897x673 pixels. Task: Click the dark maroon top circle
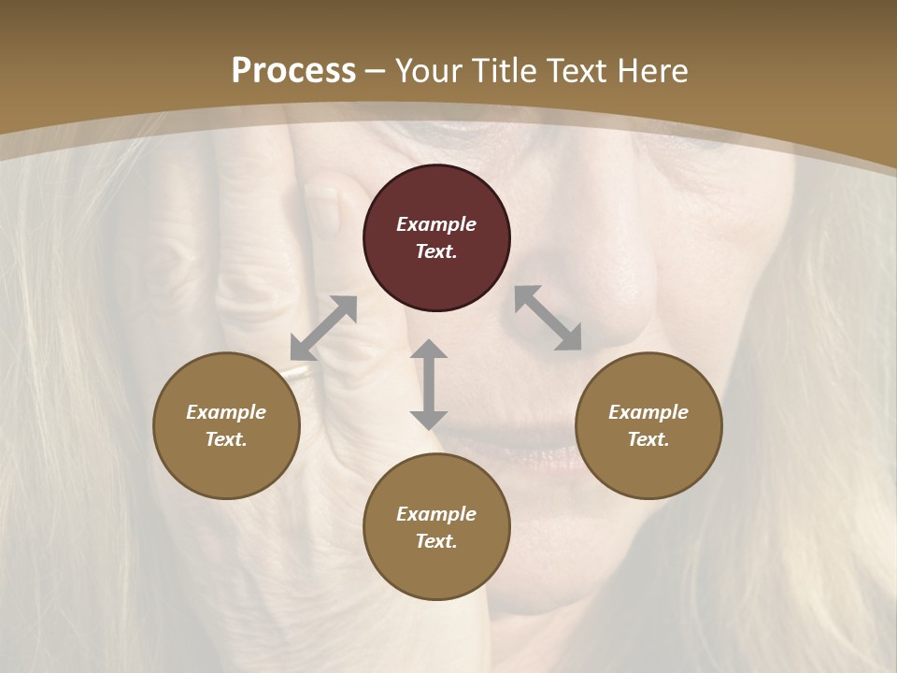pyautogui.click(x=436, y=237)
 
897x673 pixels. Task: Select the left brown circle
pyautogui.click(x=226, y=425)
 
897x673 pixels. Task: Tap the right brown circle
pyautogui.click(x=648, y=425)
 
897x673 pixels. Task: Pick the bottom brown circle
pyautogui.click(x=436, y=527)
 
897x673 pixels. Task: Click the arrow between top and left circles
pyautogui.click(x=324, y=327)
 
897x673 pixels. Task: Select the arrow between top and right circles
pyautogui.click(x=548, y=318)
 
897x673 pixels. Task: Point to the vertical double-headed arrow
pyautogui.click(x=429, y=384)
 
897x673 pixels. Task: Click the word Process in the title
pyautogui.click(x=293, y=70)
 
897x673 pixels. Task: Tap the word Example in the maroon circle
pyautogui.click(x=436, y=224)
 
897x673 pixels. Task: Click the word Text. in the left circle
pyautogui.click(x=226, y=439)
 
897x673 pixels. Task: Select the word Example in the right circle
pyautogui.click(x=648, y=412)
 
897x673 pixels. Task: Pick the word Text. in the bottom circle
pyautogui.click(x=436, y=541)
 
